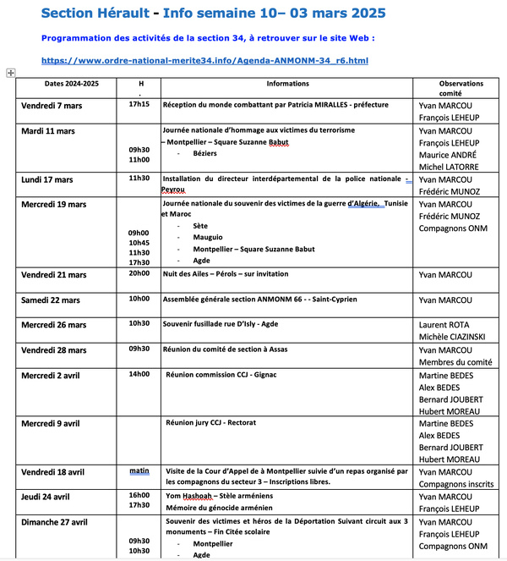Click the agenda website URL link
pos(204,61)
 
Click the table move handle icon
pos(10,74)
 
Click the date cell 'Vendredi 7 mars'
pos(52,106)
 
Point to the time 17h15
pos(139,104)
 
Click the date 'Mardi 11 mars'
pos(47,131)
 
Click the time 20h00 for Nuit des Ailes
pos(139,273)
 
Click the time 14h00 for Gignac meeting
pos(139,373)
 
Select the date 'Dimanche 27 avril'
pos(56,522)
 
